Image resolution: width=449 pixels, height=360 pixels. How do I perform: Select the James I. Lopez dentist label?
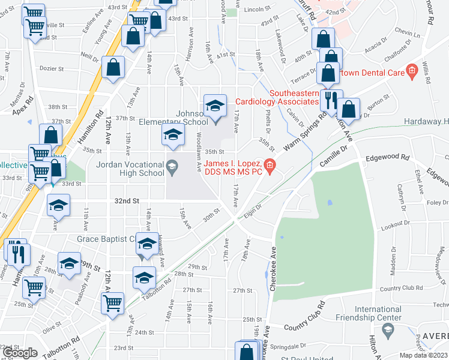tap(232, 168)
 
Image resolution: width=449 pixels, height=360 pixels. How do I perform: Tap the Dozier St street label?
tap(52, 68)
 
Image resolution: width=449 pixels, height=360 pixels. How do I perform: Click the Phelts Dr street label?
tap(268, 121)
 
